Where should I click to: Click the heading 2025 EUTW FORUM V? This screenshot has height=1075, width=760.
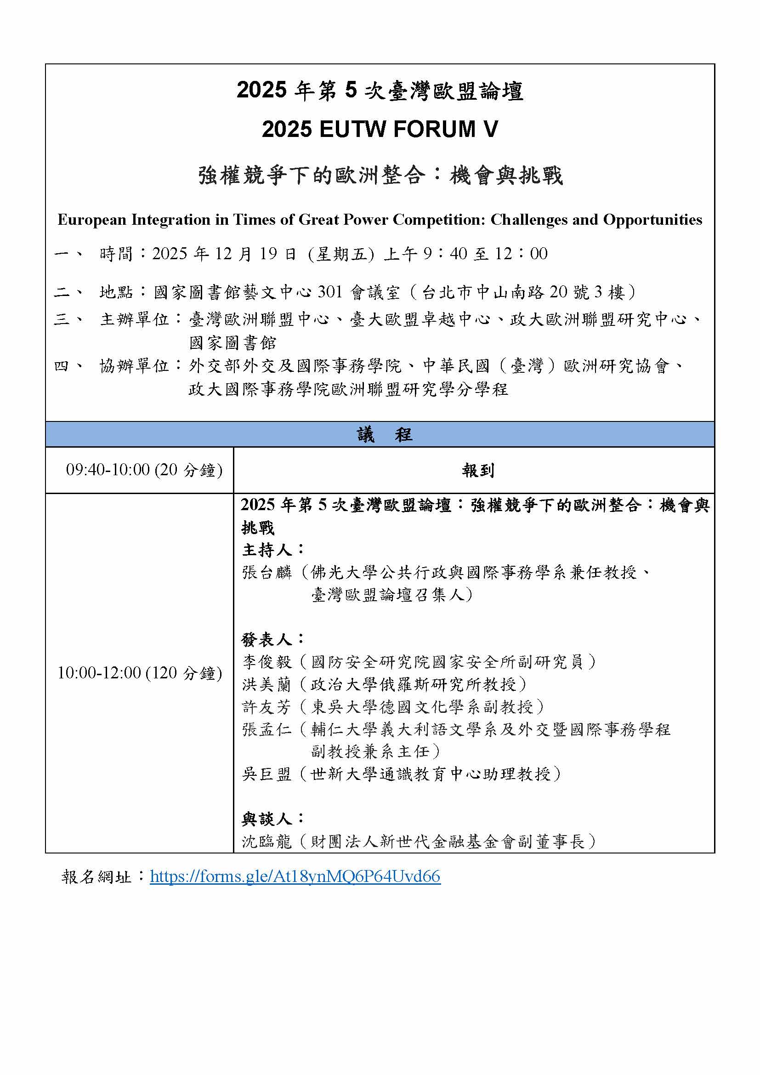pyautogui.click(x=380, y=129)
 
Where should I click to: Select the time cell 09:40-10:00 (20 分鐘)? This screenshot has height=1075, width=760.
pyautogui.click(x=144, y=470)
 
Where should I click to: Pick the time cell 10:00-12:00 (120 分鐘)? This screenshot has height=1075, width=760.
pyautogui.click(x=140, y=673)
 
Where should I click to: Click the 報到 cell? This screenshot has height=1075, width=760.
pyautogui.click(x=477, y=470)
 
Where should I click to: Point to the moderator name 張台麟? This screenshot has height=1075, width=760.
pyautogui.click(x=267, y=572)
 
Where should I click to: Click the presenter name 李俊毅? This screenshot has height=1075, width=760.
pyautogui.click(x=267, y=662)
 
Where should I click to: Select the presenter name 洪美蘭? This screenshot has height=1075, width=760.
pyautogui.click(x=267, y=684)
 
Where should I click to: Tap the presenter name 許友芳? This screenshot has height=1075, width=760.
pyautogui.click(x=267, y=707)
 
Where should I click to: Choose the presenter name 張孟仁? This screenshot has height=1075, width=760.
pyautogui.click(x=267, y=729)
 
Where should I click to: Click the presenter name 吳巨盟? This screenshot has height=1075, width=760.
pyautogui.click(x=267, y=774)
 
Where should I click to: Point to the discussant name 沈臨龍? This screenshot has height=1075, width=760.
pyautogui.click(x=267, y=842)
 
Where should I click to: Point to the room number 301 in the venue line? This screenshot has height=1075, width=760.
pyautogui.click(x=330, y=292)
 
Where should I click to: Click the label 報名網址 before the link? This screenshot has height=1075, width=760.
pyautogui.click(x=96, y=876)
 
